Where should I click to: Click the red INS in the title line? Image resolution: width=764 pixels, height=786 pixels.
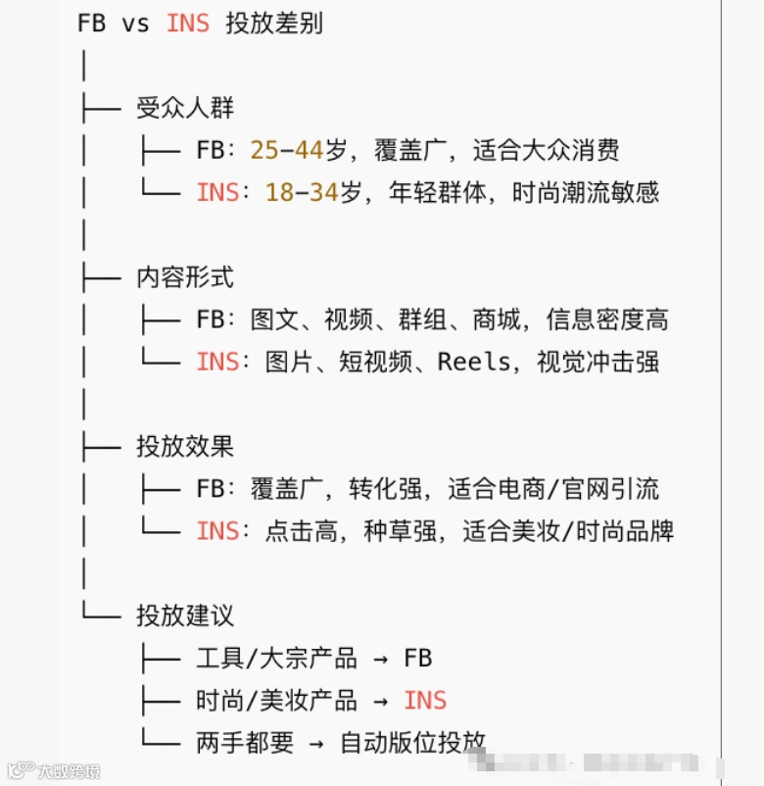point(188,24)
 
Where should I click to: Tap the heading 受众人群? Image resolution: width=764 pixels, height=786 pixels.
point(185,108)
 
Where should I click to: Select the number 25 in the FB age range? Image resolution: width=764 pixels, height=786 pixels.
point(264,150)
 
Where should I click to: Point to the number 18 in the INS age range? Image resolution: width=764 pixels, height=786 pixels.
point(279,192)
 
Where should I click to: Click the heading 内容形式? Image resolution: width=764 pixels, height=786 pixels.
point(185,277)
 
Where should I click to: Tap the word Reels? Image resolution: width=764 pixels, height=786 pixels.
point(474,362)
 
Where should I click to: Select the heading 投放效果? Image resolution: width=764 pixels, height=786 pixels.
point(185,447)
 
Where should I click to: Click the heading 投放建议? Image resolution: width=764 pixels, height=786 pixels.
point(185,616)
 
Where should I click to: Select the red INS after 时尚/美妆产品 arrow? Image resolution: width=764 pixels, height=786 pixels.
point(425,701)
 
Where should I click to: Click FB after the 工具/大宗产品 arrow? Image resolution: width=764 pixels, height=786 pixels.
point(418,659)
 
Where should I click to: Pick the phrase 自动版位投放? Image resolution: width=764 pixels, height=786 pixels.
point(412,743)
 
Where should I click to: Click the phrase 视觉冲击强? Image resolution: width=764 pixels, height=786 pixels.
point(597,362)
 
